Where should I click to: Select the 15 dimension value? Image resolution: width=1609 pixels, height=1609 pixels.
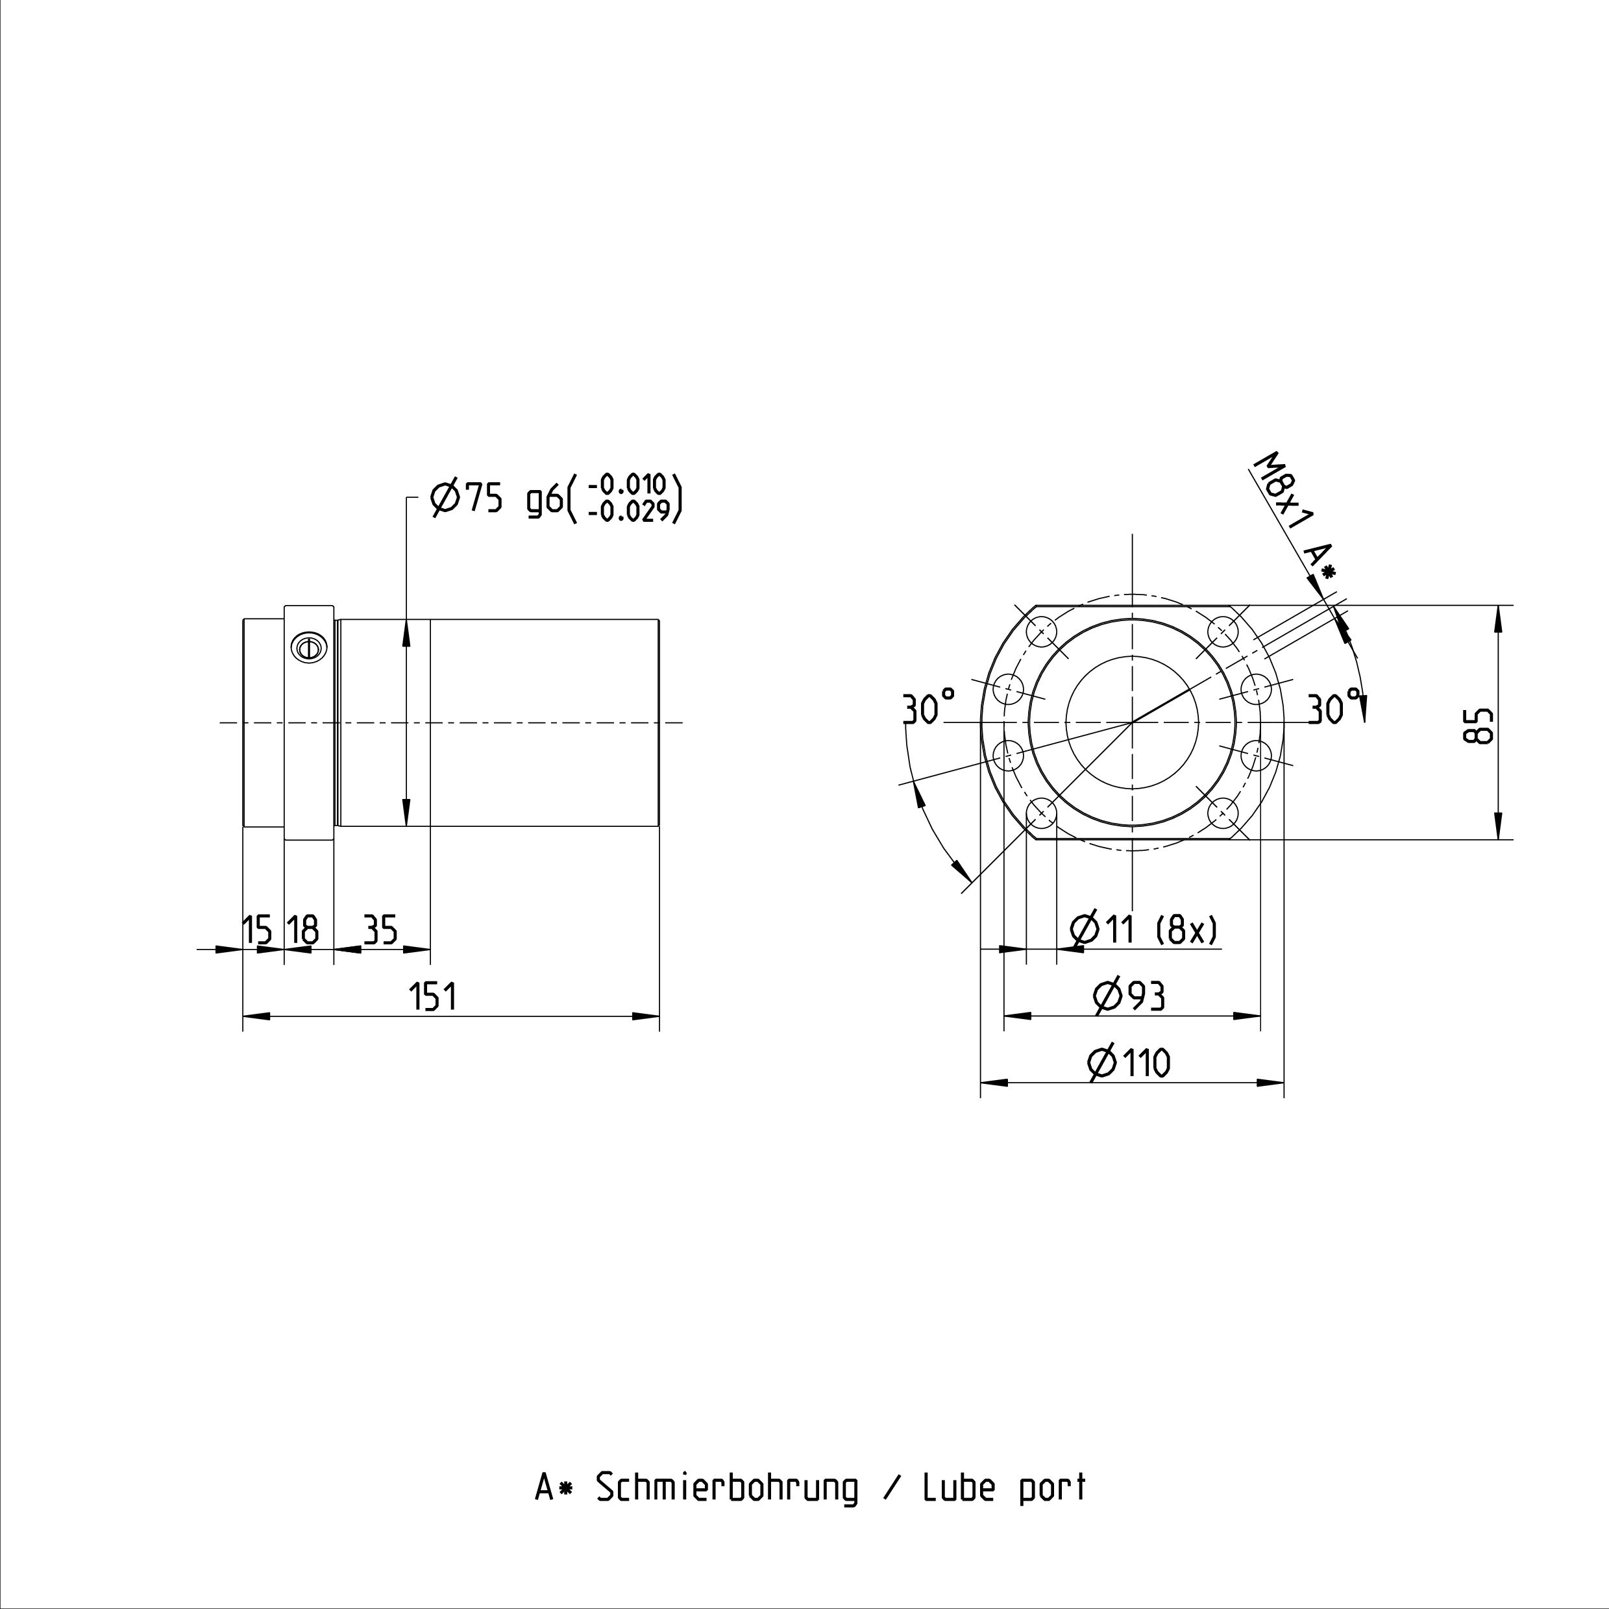point(257,930)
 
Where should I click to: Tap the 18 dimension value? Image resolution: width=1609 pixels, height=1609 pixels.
point(303,930)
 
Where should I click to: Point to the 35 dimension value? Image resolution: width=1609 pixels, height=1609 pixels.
point(380,930)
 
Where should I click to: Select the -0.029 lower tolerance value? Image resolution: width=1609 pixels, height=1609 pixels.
point(627,511)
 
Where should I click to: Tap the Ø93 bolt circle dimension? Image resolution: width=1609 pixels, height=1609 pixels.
point(1129,996)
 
